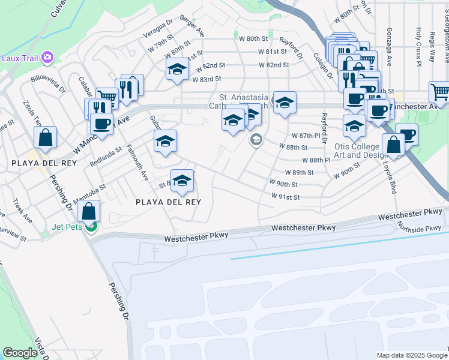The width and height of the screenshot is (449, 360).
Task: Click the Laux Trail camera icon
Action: (x=47, y=58)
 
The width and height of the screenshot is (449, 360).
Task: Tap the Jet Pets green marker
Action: (x=91, y=227)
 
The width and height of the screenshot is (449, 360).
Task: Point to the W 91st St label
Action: (x=285, y=196)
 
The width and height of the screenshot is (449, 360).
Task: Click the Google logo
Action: (x=20, y=353)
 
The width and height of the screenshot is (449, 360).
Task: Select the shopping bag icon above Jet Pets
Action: (x=89, y=211)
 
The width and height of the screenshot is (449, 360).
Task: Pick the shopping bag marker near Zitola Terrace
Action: (x=45, y=137)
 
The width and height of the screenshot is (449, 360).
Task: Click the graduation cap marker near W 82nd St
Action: (x=177, y=69)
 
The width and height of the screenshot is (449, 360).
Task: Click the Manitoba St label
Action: (x=89, y=192)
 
